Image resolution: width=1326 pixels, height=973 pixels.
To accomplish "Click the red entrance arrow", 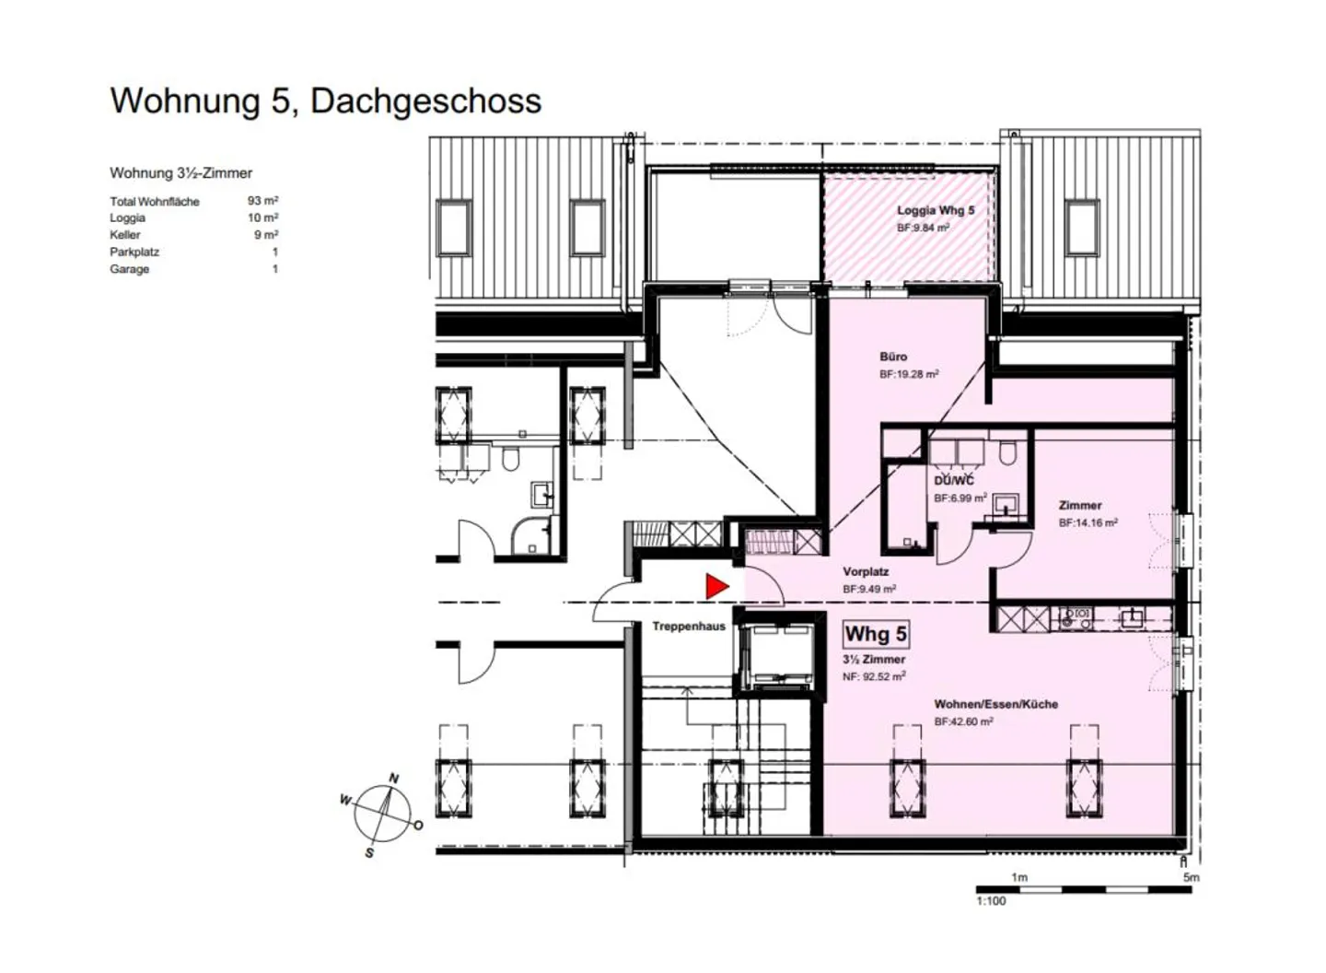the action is tap(716, 586).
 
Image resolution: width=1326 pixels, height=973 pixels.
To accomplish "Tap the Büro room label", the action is tap(892, 357).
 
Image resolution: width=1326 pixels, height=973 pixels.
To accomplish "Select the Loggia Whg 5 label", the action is tap(936, 210).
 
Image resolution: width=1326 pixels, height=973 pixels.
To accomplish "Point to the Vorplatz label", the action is tap(866, 571).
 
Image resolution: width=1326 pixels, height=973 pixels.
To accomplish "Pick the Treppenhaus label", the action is tap(689, 627).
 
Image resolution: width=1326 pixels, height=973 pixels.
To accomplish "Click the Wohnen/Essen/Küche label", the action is tap(995, 704).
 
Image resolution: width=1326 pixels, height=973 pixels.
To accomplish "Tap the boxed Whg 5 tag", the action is tap(876, 634).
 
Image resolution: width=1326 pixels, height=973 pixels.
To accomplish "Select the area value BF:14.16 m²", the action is tap(1088, 523).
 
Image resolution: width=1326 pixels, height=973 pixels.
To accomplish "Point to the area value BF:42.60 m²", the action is tap(964, 721).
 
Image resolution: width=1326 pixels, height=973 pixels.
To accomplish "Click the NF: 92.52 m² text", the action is tap(875, 676).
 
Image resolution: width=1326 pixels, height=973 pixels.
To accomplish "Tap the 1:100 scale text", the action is tap(991, 901).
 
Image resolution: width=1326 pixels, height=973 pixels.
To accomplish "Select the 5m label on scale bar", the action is tap(1191, 877).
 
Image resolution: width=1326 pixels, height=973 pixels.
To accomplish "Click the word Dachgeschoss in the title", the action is tap(425, 100).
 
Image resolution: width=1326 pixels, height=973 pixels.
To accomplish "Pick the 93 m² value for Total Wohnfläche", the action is tap(262, 201).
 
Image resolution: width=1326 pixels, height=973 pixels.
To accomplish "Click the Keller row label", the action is tap(125, 235).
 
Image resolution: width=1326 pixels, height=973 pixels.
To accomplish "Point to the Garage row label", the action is tap(129, 269).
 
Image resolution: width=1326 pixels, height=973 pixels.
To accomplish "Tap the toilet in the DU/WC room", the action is tap(1007, 452).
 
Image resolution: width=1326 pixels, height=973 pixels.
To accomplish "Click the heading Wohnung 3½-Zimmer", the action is tap(181, 173).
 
